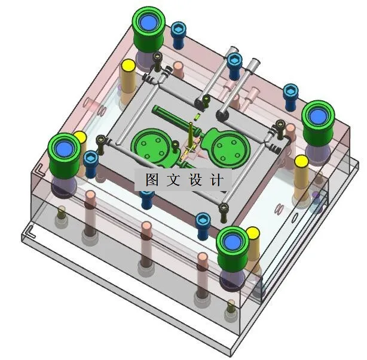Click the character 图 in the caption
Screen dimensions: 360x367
click(x=151, y=179)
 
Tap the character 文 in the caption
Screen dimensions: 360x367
click(x=173, y=179)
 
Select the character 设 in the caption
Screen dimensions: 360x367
click(x=195, y=179)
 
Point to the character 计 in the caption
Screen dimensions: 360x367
click(x=216, y=179)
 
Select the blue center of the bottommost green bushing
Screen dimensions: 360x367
click(x=231, y=242)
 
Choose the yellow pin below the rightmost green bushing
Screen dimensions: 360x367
click(x=301, y=162)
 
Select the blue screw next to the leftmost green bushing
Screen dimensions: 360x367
click(x=91, y=159)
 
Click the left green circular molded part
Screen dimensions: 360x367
click(x=151, y=144)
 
